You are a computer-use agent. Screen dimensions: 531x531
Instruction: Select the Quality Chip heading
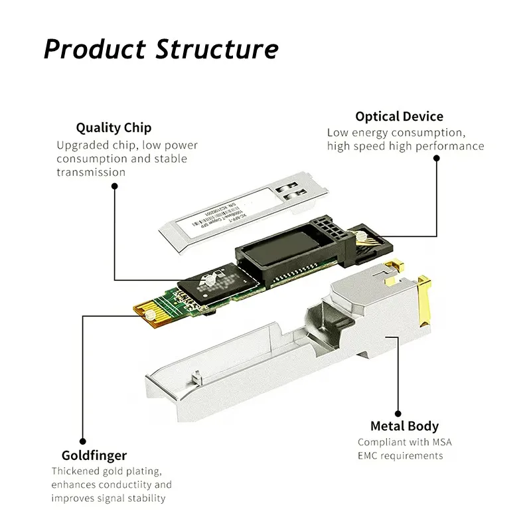point(114,127)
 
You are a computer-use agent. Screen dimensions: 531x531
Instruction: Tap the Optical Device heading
point(399,117)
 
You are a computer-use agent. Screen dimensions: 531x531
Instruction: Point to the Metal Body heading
point(404,426)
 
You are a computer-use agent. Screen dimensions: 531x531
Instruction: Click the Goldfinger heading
point(94,455)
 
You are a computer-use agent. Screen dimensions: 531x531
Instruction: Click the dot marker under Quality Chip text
point(114,188)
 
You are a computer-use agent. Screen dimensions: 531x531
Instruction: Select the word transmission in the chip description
point(91,172)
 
